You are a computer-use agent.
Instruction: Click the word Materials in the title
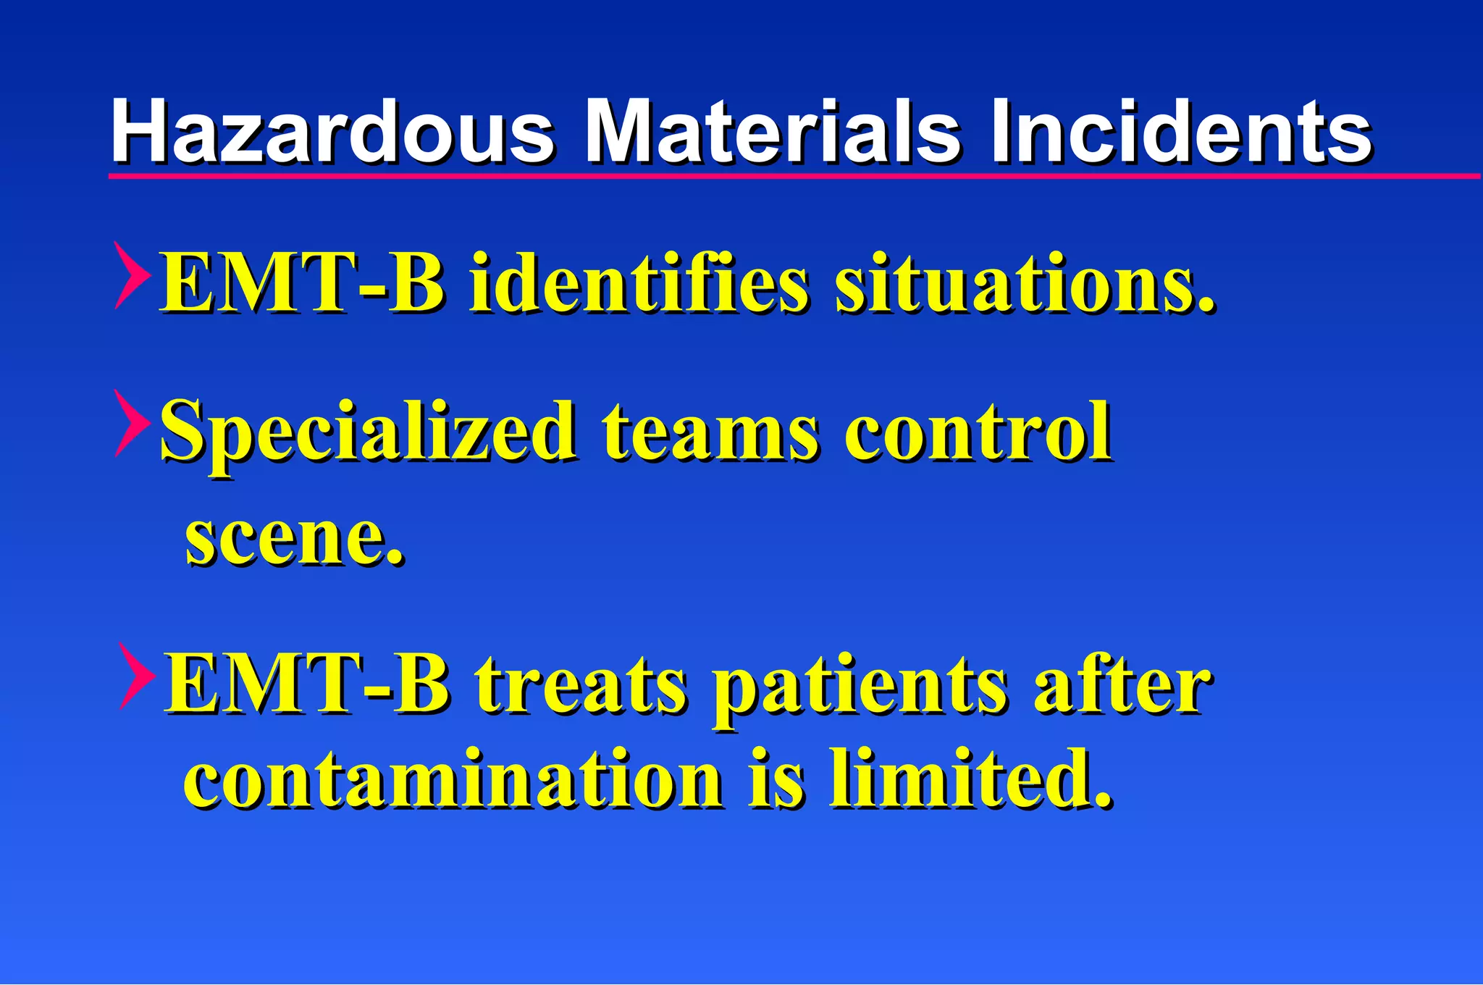772,132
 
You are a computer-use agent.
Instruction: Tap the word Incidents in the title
1180,132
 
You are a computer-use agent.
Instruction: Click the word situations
1024,284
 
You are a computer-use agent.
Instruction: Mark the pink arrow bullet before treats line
136,676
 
